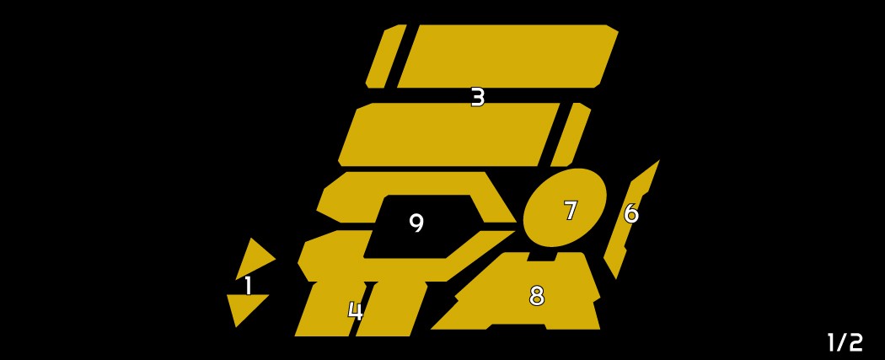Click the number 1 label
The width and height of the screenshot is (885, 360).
point(248,286)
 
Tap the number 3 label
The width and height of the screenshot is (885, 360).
point(478,98)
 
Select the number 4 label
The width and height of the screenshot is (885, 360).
point(355,311)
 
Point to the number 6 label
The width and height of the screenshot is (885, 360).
point(631,213)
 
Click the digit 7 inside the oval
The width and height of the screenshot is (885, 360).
point(571,211)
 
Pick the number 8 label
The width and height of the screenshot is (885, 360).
point(536,296)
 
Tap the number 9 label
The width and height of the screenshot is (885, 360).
point(416,223)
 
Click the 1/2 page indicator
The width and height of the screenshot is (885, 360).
point(845,342)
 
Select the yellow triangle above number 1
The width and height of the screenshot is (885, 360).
point(254,260)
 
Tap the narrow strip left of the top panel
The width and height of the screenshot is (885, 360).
point(386,56)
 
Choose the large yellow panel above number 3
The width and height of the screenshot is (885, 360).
point(508,56)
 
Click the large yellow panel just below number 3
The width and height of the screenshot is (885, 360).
point(448,135)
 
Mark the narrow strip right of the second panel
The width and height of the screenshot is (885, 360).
point(571,135)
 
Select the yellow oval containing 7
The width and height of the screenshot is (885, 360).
point(565,207)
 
